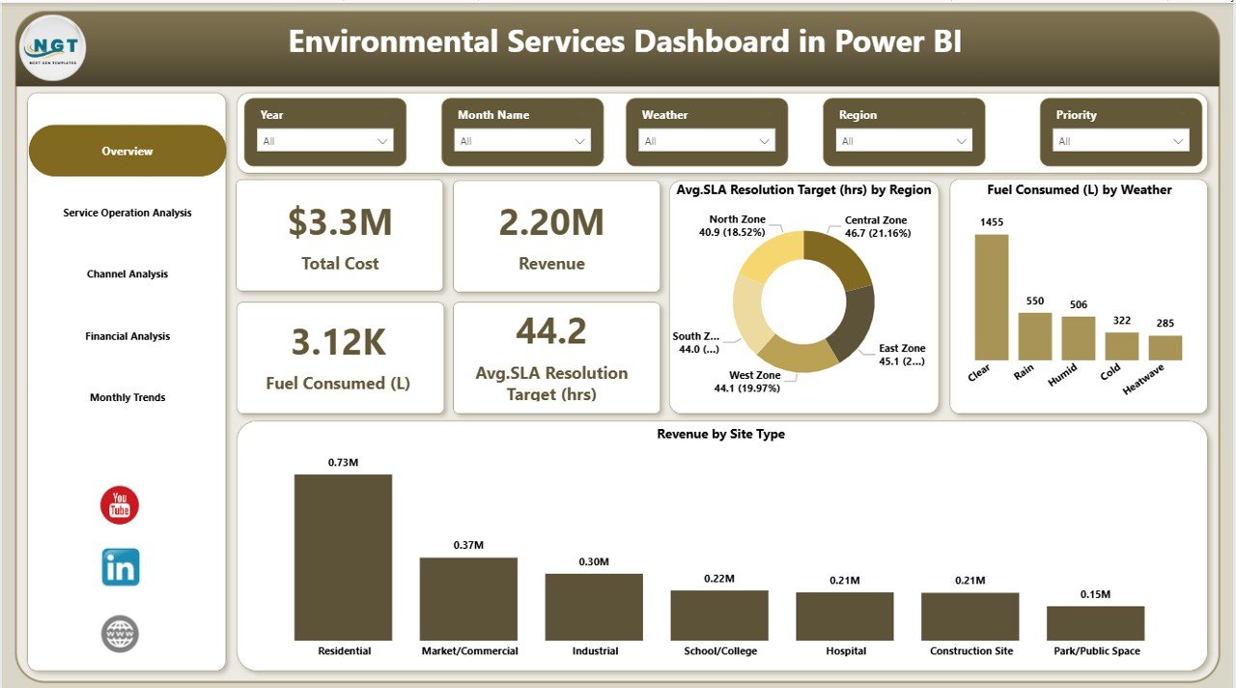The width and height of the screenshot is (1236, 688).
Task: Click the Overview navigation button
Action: (x=127, y=151)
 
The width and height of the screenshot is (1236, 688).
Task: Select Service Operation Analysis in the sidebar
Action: (x=127, y=213)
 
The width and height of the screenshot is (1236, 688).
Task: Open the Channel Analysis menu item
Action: (x=127, y=274)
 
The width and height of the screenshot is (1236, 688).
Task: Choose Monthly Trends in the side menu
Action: (x=127, y=397)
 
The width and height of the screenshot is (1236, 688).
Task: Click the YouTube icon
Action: (x=120, y=505)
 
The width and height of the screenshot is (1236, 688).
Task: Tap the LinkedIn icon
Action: (x=121, y=567)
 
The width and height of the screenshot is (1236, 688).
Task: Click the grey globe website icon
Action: (x=121, y=634)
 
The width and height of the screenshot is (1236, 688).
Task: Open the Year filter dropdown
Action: (x=325, y=141)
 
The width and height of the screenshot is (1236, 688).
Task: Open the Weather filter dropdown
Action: (x=707, y=141)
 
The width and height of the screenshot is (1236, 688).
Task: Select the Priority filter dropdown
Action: (x=1121, y=141)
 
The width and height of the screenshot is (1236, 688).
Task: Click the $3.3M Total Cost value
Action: (x=340, y=222)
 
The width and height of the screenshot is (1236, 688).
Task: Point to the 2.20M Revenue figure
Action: (x=551, y=222)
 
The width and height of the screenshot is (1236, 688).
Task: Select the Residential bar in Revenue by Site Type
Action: (x=343, y=557)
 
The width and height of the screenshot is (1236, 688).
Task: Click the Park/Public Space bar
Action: (x=1095, y=623)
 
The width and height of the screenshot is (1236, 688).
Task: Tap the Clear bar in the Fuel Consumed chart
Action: (x=991, y=297)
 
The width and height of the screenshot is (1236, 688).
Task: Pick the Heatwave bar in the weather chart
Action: (x=1166, y=348)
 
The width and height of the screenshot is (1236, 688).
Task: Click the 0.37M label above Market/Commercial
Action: (x=468, y=546)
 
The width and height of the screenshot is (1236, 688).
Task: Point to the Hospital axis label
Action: (x=845, y=651)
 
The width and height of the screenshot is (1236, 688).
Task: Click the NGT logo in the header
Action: (x=52, y=48)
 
